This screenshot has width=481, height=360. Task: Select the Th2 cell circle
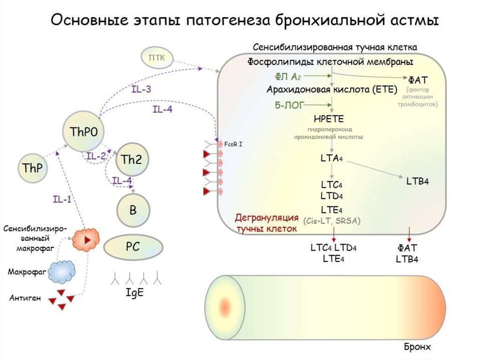(132, 160)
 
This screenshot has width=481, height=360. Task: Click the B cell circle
(133, 210)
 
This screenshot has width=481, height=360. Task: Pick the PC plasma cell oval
(133, 246)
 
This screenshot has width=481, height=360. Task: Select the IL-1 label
(62, 199)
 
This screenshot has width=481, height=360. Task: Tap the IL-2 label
(96, 156)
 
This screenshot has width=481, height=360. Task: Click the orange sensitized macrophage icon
(86, 239)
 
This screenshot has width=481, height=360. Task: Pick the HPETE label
(332, 118)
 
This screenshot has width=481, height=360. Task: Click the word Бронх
(417, 347)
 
